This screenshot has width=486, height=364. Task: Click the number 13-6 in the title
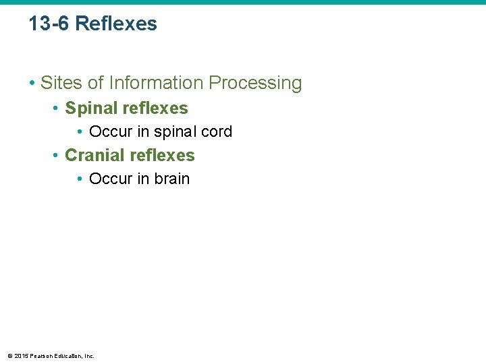pos(49,24)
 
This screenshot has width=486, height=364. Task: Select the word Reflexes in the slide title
pos(116,24)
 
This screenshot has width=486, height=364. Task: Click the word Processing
pos(255,83)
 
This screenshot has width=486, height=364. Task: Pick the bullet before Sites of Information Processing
pos(32,84)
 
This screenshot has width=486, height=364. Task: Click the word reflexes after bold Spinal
pos(157,108)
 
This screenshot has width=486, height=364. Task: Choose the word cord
pos(217,131)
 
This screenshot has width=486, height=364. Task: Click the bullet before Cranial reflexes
pos(56,156)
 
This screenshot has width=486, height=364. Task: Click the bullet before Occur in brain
pos(80,179)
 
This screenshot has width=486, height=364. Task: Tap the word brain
pos(172,179)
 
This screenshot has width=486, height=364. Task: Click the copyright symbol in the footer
pos(9,355)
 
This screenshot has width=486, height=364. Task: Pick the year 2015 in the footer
pos(20,355)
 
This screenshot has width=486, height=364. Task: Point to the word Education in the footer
pos(66,355)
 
